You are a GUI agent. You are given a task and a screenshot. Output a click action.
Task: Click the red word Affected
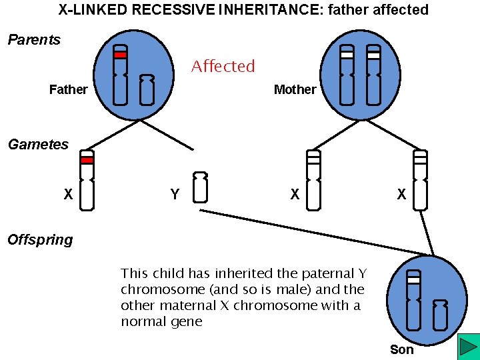pyautogui.click(x=223, y=67)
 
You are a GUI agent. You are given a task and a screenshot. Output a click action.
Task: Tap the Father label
pyautogui.click(x=68, y=89)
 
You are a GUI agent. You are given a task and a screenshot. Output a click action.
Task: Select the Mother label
pyautogui.click(x=295, y=89)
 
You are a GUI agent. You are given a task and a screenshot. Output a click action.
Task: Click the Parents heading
pyautogui.click(x=34, y=40)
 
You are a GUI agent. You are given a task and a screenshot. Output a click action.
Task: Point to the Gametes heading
pyautogui.click(x=38, y=145)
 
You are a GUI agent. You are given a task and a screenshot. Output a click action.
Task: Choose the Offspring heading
pyautogui.click(x=40, y=240)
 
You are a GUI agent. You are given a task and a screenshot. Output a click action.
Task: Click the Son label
pyautogui.click(x=401, y=349)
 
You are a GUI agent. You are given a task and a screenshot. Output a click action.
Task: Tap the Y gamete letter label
pyautogui.click(x=175, y=195)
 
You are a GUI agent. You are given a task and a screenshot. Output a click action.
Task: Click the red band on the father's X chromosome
pyautogui.click(x=120, y=55)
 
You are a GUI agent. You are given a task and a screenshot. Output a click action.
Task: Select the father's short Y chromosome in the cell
pyautogui.click(x=147, y=90)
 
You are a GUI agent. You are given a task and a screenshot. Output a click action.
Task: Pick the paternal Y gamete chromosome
pyautogui.click(x=200, y=187)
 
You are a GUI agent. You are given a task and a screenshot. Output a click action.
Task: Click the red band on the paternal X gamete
pyautogui.click(x=87, y=160)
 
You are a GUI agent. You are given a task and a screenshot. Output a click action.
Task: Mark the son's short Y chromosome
pyautogui.click(x=440, y=315)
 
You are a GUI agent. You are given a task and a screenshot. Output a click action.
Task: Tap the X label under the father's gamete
pyautogui.click(x=68, y=195)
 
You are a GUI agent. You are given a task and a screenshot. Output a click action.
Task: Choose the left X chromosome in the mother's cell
pyautogui.click(x=347, y=75)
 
